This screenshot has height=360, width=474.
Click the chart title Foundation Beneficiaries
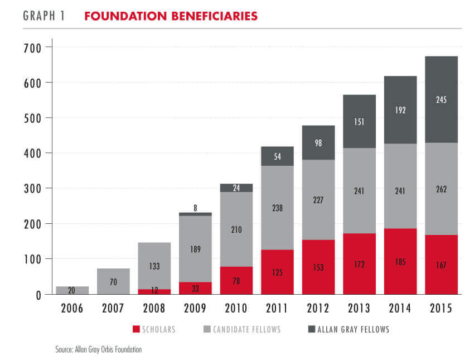[171, 16]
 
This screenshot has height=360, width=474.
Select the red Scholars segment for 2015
[441, 264]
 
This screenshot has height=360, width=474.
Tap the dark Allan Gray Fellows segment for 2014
[400, 110]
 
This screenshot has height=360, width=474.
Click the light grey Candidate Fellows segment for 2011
[278, 208]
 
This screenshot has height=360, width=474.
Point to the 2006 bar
[72, 290]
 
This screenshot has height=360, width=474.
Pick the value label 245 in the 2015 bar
[441, 100]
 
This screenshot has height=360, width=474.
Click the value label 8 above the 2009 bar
[195, 208]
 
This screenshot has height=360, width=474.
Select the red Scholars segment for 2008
[154, 291]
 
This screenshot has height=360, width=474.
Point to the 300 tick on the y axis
[33, 189]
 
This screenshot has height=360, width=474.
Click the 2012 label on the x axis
[318, 309]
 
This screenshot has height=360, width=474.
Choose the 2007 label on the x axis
[113, 309]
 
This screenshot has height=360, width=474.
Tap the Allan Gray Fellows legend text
[353, 329]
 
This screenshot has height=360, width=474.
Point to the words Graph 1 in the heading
[44, 16]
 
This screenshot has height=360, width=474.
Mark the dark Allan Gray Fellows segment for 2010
[236, 188]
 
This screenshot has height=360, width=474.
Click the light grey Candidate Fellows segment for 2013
[359, 191]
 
